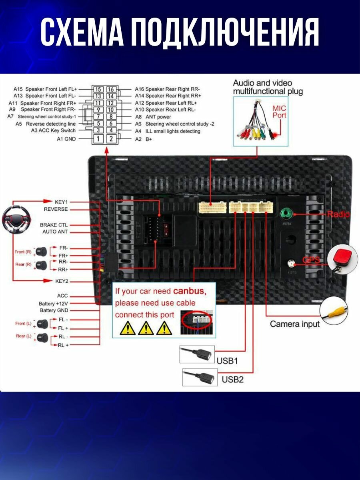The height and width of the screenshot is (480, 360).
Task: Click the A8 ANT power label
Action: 153,117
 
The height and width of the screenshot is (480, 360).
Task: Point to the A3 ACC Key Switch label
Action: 53,131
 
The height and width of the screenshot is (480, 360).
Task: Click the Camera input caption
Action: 295,324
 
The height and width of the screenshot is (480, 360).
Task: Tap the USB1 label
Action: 227,361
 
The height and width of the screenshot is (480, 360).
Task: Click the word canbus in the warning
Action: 190,291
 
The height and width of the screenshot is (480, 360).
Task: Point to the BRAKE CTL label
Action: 54,225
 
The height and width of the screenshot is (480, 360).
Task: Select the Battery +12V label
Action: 54,304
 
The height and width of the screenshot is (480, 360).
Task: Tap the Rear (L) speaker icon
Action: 42,337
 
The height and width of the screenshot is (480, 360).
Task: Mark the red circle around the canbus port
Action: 196,320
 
